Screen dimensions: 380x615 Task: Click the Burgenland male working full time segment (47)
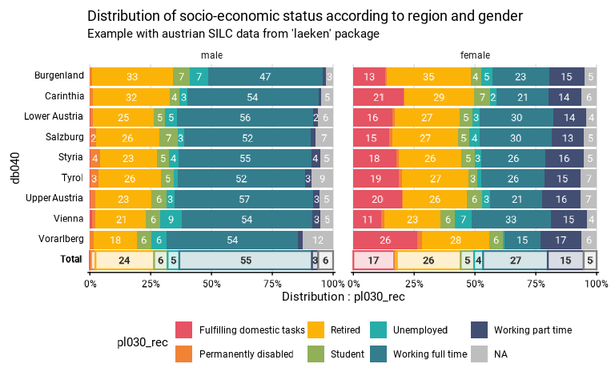[265, 76]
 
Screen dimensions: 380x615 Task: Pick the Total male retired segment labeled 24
[124, 260]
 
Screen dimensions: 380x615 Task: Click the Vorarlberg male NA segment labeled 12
[318, 239]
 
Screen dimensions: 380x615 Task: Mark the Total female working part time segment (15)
[566, 260]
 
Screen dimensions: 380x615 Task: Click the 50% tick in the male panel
[211, 282]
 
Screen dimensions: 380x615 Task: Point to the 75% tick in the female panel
[536, 282]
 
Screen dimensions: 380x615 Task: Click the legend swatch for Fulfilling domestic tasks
[184, 329]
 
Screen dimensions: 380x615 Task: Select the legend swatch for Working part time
[479, 329]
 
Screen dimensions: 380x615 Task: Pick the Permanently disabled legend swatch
[184, 354]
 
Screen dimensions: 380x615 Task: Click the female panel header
[475, 55]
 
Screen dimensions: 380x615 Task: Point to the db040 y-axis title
[14, 168]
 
